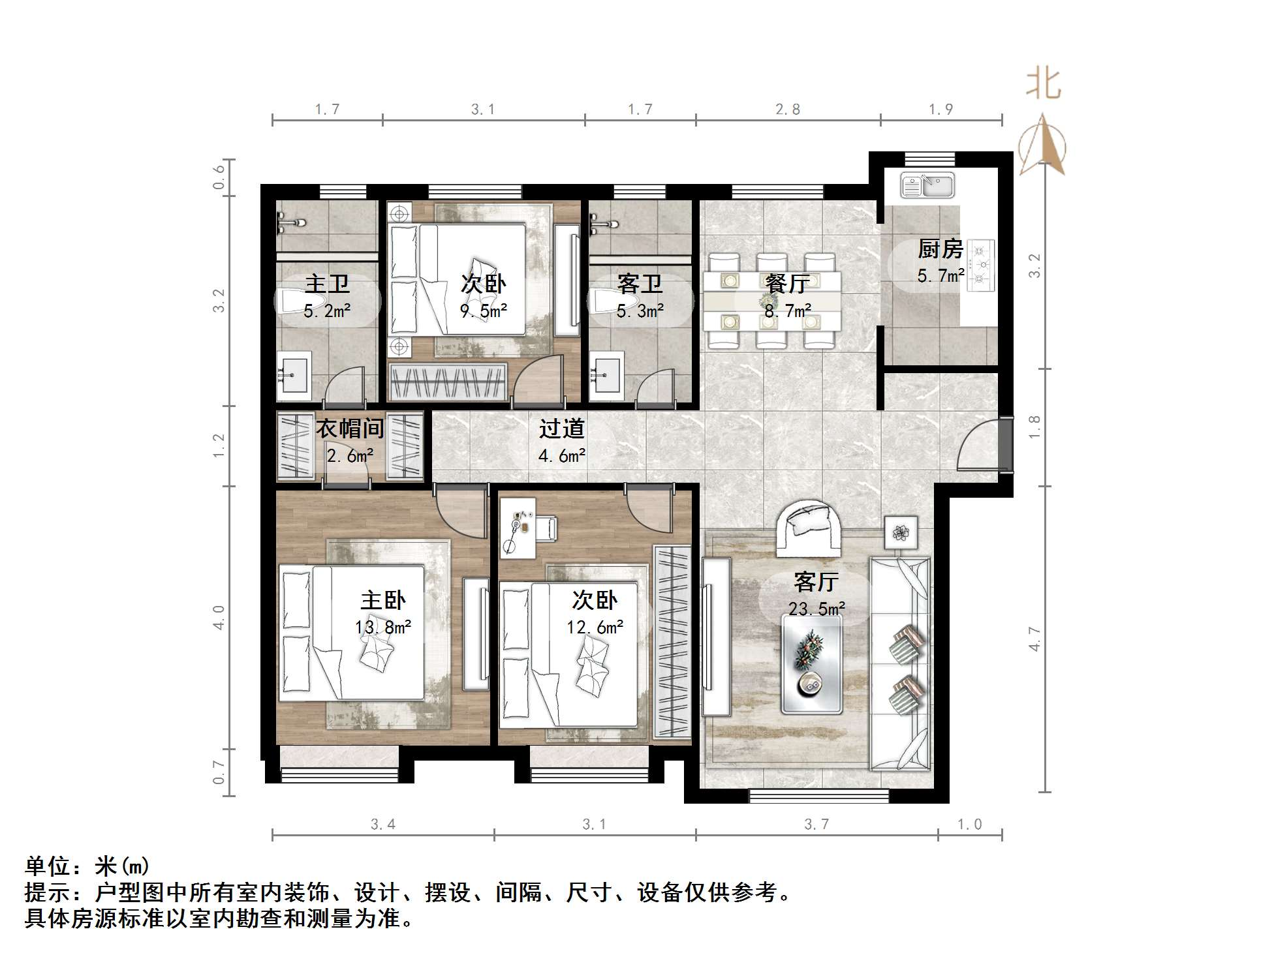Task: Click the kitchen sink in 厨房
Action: point(927,185)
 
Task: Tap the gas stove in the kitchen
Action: point(981,265)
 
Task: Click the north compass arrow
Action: point(1042,146)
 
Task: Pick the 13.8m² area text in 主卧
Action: point(383,628)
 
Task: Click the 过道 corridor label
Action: point(561,429)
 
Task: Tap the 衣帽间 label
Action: point(350,429)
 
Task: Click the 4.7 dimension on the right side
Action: point(1034,638)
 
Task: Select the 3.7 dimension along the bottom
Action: point(816,825)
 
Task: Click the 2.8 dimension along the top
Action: point(788,110)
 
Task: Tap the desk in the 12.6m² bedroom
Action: point(518,528)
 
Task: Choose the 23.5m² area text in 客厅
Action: point(816,609)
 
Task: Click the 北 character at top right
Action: point(1043,85)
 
